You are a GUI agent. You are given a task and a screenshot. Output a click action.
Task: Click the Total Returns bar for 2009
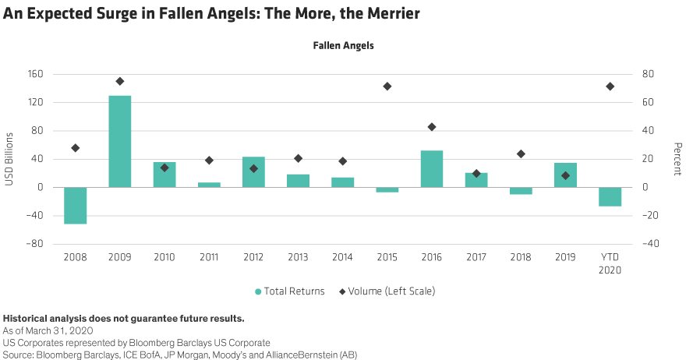point(120,141)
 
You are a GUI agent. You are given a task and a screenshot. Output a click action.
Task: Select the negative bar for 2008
point(76,205)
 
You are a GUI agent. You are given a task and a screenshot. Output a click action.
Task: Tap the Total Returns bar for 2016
point(432,168)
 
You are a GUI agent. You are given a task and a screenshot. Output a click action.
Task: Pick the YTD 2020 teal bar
point(610,196)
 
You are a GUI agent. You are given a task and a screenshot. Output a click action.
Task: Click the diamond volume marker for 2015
point(387,86)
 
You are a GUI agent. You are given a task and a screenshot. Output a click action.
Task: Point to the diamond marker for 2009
point(120,81)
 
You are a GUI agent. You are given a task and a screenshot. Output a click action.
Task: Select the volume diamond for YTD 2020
point(610,86)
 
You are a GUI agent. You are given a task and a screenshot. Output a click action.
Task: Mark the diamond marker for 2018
point(521,154)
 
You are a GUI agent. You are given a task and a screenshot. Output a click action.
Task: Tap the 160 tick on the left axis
point(37,74)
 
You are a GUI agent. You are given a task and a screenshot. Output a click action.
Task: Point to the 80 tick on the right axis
point(648,74)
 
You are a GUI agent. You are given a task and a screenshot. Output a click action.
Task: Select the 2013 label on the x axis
point(299,256)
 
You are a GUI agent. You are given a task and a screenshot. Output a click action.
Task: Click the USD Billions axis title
point(10,160)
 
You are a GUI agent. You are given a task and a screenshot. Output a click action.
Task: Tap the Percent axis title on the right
point(677,160)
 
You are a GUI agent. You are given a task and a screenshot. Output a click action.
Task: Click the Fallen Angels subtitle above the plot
point(344,46)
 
